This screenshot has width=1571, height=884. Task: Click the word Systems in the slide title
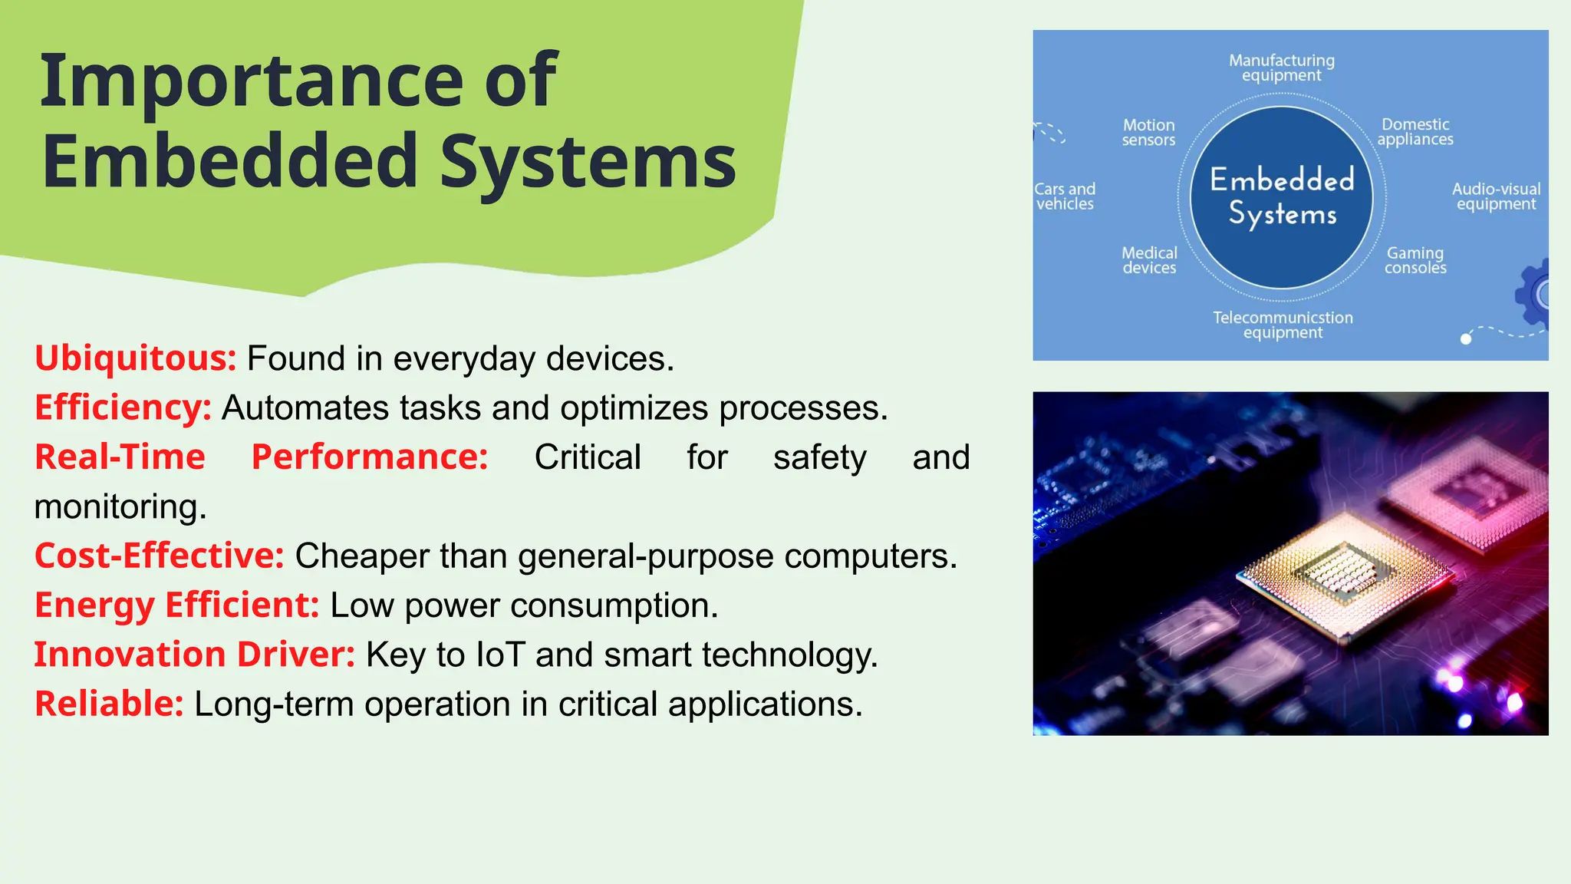tap(588, 163)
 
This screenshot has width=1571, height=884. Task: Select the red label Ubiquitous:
tap(135, 358)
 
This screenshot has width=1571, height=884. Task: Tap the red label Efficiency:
tap(123, 407)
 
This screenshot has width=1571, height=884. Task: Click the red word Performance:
tap(370, 457)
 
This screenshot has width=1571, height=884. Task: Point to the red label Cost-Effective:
tap(159, 556)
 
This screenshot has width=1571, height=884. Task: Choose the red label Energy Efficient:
tap(176, 605)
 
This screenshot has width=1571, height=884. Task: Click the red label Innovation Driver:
tap(194, 655)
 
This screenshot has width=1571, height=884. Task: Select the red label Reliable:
tap(109, 704)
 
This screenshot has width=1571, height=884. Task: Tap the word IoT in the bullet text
tap(500, 655)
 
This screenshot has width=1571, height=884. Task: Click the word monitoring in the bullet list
tap(120, 506)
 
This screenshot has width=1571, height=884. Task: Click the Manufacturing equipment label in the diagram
tap(1282, 68)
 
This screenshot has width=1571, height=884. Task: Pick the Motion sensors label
tap(1148, 132)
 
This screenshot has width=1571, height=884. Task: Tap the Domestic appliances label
tap(1415, 131)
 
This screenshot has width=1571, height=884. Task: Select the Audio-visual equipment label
tap(1496, 196)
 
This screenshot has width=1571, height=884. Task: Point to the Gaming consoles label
tap(1415, 260)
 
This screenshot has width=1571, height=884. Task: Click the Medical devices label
tap(1149, 260)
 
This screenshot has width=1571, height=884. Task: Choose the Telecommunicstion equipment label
tap(1283, 325)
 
